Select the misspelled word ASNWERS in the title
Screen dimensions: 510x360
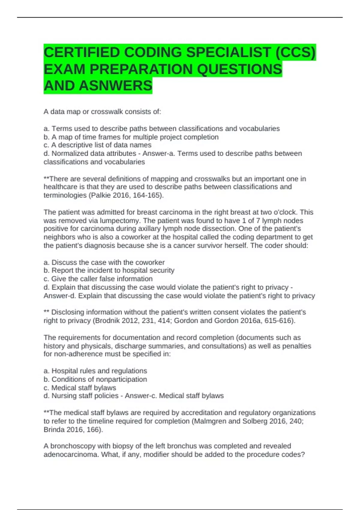coord(116,86)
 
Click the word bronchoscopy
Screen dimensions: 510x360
coord(70,446)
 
